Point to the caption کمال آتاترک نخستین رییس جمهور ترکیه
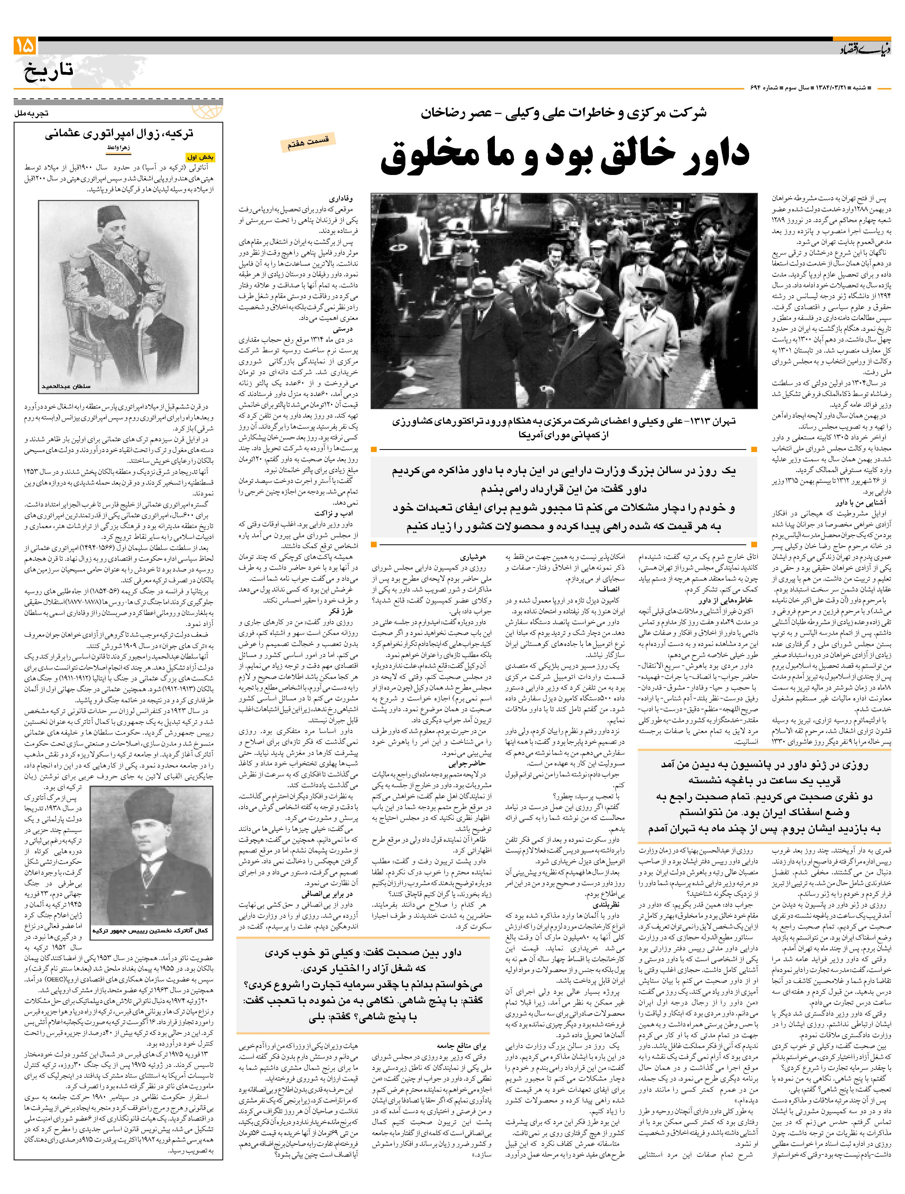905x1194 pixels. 150,931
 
